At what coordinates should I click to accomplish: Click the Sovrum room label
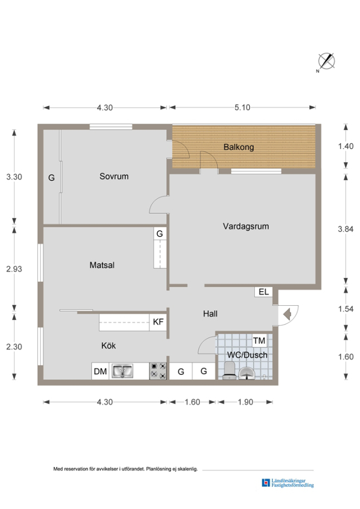point(114,177)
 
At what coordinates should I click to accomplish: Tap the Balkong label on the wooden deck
point(239,147)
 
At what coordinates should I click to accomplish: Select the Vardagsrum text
point(246,226)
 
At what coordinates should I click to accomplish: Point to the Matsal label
point(102,265)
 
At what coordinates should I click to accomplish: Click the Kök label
point(109,345)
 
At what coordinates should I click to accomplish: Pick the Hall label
point(210,314)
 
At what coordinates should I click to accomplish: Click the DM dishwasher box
point(100,371)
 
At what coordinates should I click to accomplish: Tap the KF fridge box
point(158,322)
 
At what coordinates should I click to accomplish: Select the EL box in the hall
point(264,292)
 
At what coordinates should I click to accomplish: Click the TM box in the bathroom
point(259,340)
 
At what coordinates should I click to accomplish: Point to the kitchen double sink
point(122,371)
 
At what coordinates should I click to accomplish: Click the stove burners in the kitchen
point(158,371)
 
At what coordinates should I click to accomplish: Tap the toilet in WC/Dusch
point(230,371)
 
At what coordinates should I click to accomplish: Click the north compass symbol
point(326,61)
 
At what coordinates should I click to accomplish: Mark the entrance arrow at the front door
point(287,314)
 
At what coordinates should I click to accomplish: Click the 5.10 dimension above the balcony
point(242,107)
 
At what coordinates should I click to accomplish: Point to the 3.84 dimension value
point(346,229)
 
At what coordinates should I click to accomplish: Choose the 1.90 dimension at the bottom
point(245,402)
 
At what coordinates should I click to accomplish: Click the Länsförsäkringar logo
point(288,483)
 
